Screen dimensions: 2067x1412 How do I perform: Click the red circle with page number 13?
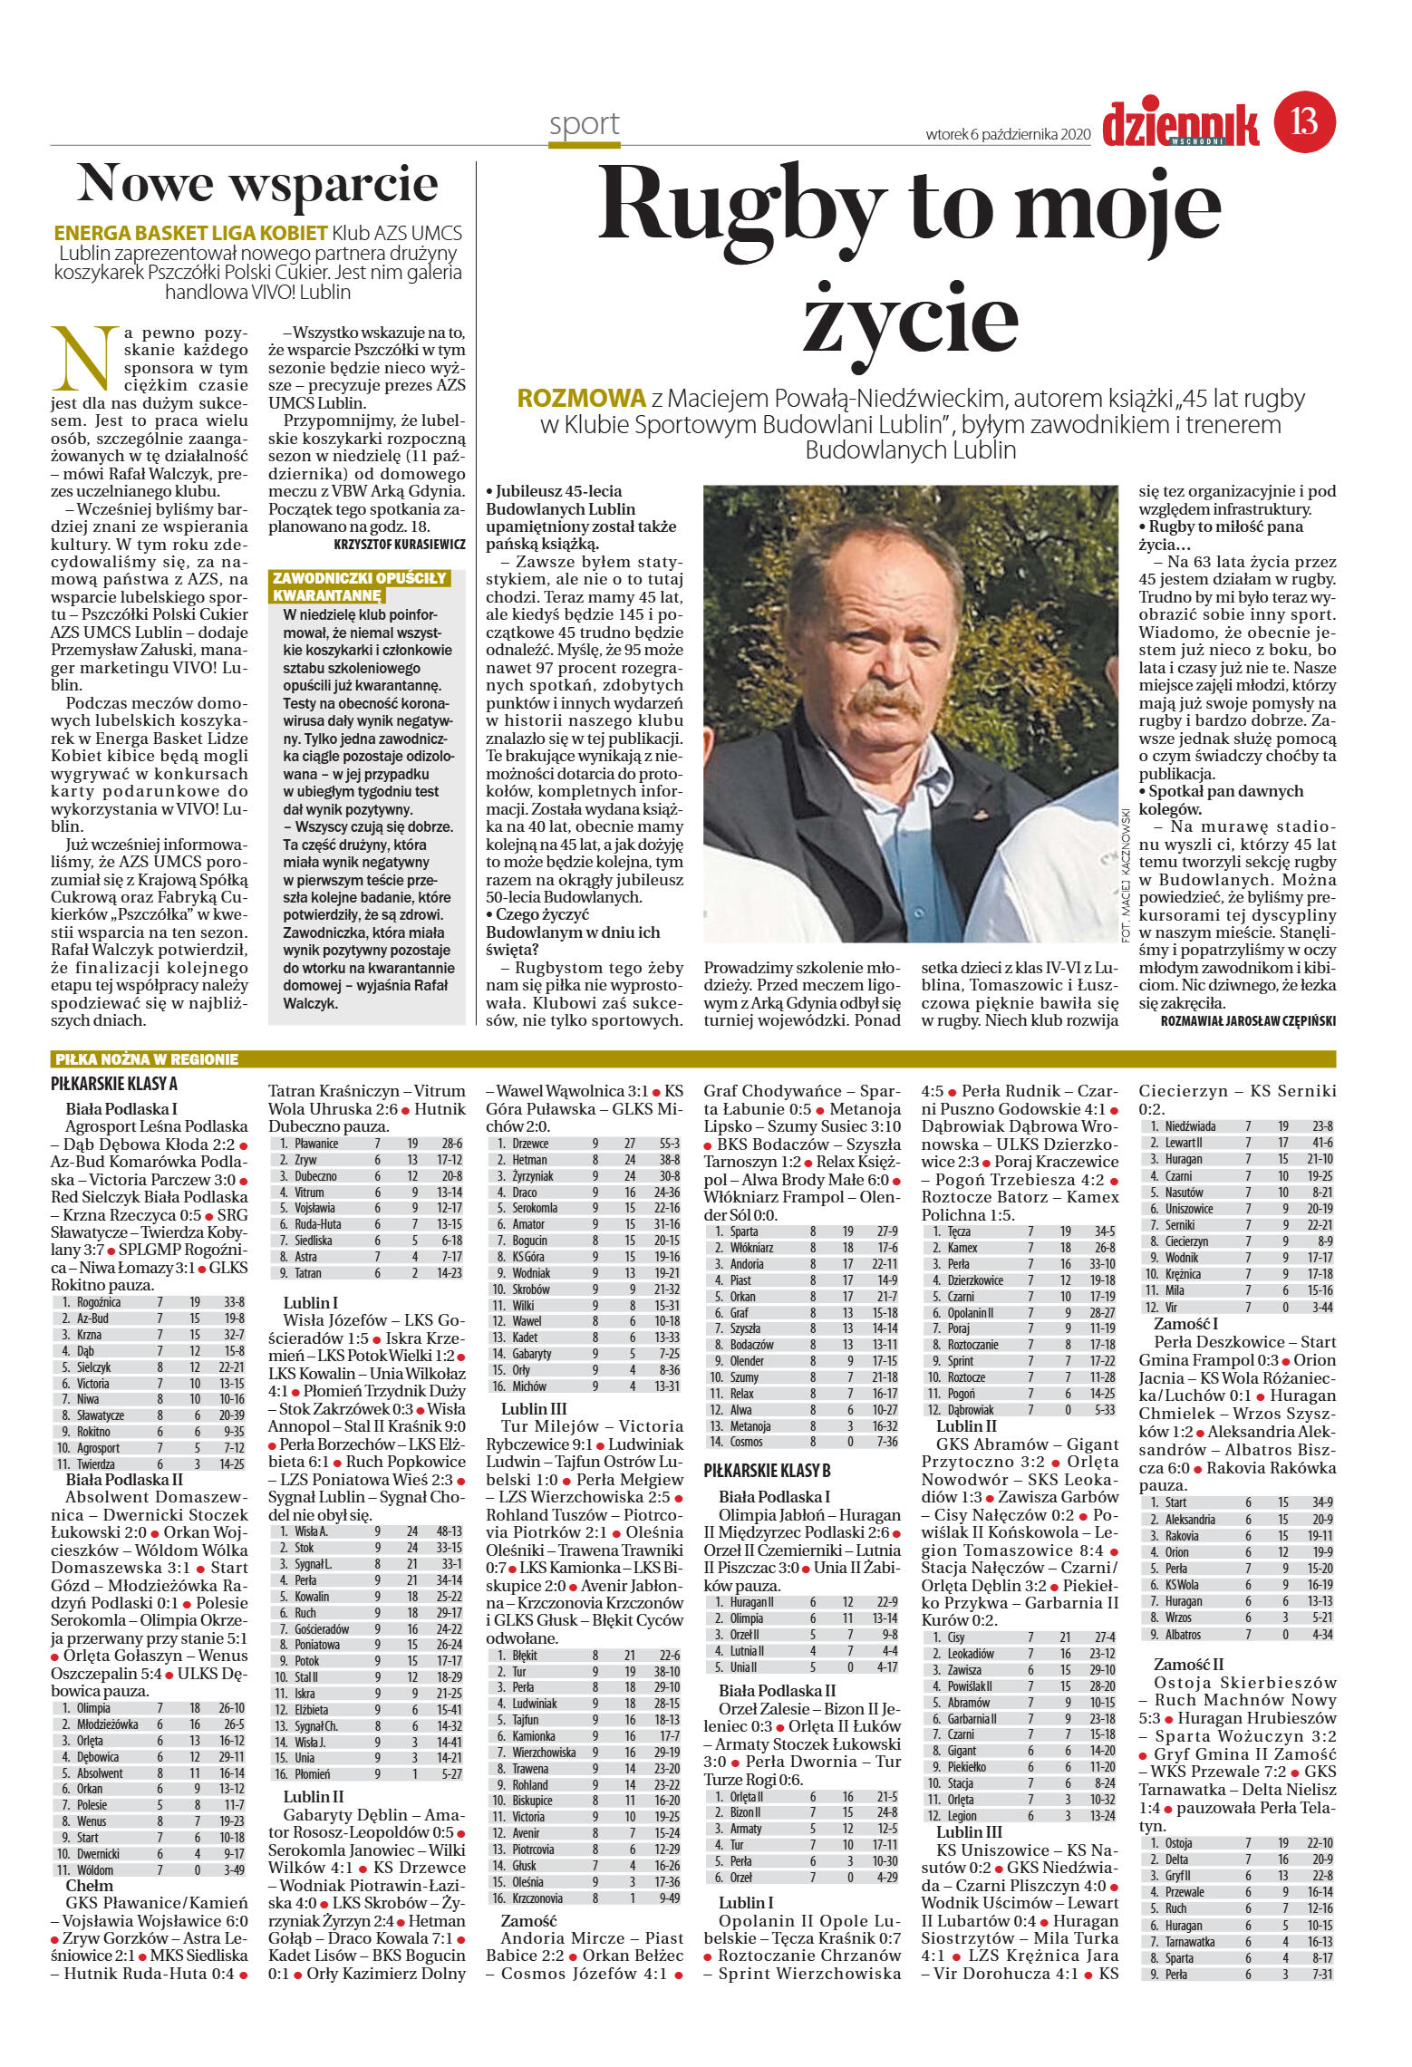coord(1305,121)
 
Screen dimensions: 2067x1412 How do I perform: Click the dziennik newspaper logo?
coord(1180,125)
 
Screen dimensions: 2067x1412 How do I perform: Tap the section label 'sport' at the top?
coord(584,124)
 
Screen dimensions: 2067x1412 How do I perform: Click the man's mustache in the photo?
coord(878,695)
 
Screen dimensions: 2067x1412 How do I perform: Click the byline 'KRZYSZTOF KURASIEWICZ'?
coord(400,545)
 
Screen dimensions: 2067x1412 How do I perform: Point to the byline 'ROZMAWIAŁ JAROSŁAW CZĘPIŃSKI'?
coord(1247,1020)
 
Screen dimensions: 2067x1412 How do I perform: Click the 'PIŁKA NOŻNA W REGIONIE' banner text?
coord(147,1059)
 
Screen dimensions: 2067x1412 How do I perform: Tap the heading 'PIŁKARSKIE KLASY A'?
coord(114,1084)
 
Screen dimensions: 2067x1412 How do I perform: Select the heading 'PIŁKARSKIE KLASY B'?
coord(767,1470)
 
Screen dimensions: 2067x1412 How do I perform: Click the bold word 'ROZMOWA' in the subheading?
coord(581,398)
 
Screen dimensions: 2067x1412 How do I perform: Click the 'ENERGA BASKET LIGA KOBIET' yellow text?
coord(190,233)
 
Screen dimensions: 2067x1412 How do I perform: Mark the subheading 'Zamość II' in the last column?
coord(1188,1664)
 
